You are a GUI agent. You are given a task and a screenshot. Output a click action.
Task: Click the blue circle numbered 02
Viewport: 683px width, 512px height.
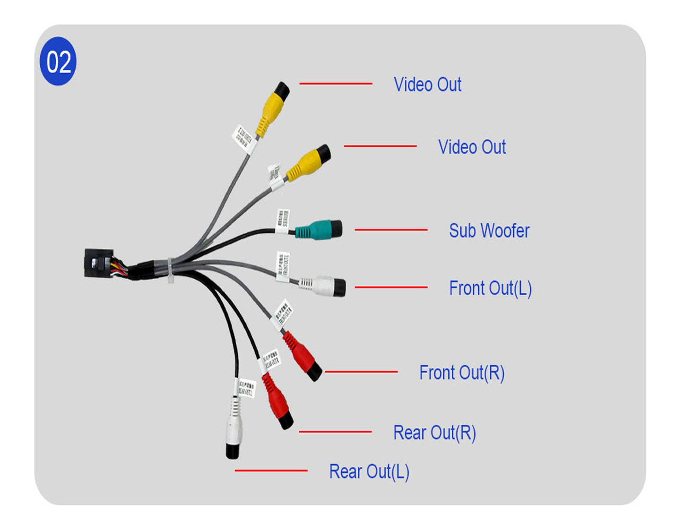coord(58,61)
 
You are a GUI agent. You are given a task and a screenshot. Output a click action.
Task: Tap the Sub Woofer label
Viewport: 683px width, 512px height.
coord(489,231)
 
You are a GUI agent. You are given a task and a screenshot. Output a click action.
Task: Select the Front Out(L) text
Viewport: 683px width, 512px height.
coord(490,288)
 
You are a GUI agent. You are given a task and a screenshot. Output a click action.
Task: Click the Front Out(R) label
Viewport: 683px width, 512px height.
coord(462,373)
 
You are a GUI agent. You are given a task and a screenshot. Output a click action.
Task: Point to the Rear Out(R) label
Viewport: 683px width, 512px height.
coord(434,433)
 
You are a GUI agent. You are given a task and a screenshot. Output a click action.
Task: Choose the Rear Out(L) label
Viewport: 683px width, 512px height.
coord(369,471)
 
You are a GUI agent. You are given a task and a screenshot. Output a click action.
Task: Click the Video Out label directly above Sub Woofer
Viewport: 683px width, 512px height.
coord(472,147)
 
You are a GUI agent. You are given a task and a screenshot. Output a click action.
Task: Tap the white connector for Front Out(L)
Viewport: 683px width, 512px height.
coord(324,285)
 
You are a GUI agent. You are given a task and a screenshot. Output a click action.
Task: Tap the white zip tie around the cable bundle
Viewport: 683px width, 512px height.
coord(170,270)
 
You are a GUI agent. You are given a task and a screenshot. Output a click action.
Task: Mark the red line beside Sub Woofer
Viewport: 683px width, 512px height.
coord(391,230)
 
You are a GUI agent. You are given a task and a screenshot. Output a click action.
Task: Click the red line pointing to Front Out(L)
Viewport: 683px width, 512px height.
coord(391,287)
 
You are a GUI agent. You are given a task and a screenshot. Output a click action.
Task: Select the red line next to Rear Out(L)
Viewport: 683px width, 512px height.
coord(271,470)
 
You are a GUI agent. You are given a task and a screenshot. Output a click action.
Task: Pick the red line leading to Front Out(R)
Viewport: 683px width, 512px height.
coord(361,372)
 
